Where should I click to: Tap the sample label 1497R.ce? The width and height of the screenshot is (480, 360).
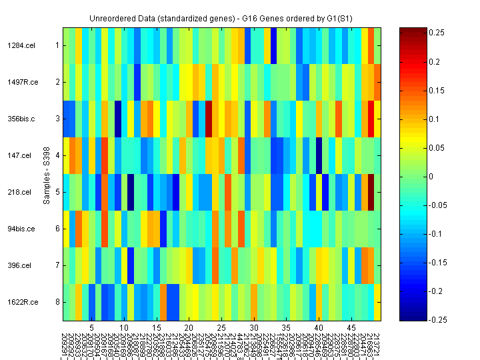click(x=21, y=82)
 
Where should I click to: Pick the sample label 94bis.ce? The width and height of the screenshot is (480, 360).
click(x=21, y=229)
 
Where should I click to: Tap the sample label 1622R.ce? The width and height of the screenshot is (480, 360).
click(x=21, y=302)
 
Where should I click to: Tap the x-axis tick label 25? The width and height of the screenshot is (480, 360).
click(x=221, y=328)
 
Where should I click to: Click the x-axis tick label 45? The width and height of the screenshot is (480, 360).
click(x=351, y=328)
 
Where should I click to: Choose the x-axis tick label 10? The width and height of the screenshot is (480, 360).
click(x=124, y=328)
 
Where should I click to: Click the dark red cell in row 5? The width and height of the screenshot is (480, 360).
click(x=371, y=192)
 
